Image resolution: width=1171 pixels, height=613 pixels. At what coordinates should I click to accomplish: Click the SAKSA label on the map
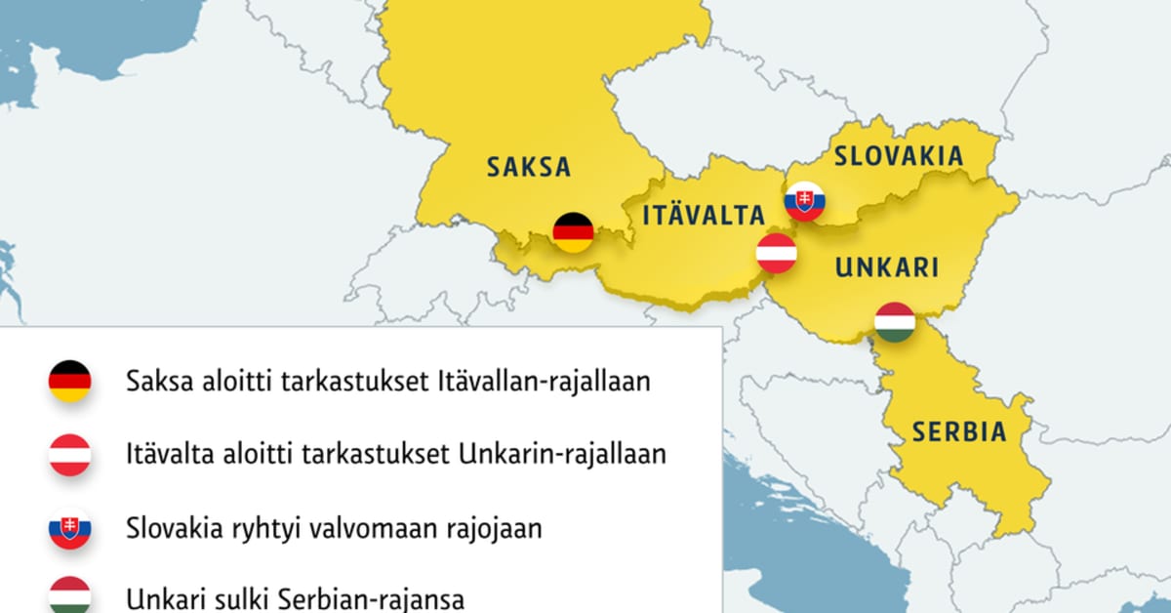pos(528,167)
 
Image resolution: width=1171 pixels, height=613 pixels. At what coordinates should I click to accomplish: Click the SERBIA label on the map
pos(959,430)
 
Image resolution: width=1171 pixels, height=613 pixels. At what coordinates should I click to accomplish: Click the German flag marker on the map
pos(573,232)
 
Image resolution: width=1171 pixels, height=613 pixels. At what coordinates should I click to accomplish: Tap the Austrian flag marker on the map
pos(777,253)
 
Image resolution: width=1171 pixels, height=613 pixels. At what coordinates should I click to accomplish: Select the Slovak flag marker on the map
pos(805,201)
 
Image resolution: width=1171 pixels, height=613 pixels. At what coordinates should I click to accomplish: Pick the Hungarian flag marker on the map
pos(894,322)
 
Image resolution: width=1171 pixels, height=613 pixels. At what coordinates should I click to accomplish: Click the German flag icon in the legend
pos(70,381)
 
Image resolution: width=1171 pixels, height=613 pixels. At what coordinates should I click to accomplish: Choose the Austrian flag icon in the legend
pos(70,455)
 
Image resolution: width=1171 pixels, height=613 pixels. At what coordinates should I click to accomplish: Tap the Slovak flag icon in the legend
pos(70,529)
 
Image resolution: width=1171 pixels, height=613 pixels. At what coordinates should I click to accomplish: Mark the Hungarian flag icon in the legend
pos(70,595)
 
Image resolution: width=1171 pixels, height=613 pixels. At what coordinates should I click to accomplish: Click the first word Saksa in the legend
pos(157,382)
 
